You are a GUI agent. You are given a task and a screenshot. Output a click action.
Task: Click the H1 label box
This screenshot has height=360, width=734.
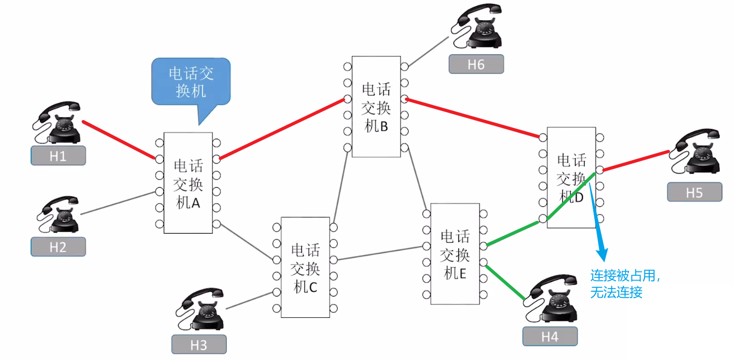pos(58,156)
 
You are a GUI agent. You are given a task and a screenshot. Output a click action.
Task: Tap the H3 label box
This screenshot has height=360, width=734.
pos(198,345)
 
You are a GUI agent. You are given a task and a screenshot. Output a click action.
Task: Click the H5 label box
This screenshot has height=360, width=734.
pos(694,192)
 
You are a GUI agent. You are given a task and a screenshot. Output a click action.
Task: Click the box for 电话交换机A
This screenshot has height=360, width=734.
pos(188,183)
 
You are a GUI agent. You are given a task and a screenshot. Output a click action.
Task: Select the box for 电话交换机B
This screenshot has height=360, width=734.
pos(376,107)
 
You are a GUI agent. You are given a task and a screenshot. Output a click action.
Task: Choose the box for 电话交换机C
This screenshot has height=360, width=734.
pos(305,267)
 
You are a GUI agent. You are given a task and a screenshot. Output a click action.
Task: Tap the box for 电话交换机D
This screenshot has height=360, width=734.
pos(571,178)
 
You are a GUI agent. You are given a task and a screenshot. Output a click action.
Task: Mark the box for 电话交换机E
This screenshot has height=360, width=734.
pos(455,253)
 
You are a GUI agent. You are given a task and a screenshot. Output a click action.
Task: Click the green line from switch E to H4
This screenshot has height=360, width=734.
pos(504,280)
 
